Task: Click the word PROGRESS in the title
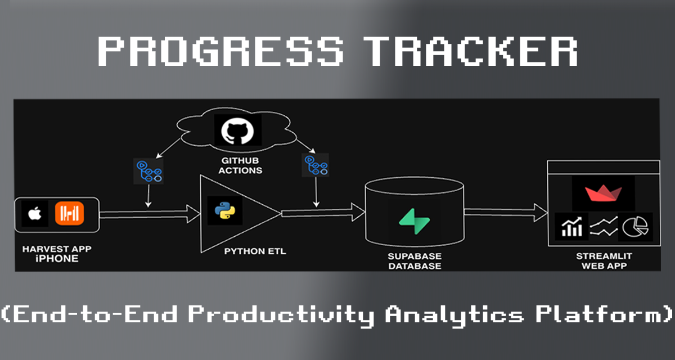pos(220,52)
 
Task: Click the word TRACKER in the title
pos(472,52)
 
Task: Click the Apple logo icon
pos(35,213)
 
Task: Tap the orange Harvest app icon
pos(69,213)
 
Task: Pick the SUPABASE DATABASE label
pos(413,260)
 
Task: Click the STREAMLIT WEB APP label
pos(604,260)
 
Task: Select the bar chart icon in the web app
pos(571,226)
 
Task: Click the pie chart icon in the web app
pos(636,226)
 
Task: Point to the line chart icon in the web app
pos(604,226)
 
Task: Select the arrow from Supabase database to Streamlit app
pos(506,212)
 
